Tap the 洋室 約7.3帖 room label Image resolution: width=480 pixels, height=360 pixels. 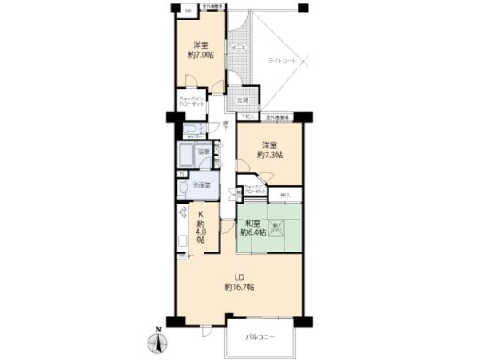(270, 151)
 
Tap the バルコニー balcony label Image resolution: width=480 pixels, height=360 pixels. (261, 338)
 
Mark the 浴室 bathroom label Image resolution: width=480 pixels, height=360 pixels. (204, 152)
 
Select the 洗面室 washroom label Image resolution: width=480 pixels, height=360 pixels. (202, 185)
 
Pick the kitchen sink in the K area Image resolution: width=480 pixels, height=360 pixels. (180, 240)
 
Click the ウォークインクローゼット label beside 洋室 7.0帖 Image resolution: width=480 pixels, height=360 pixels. (192, 101)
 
